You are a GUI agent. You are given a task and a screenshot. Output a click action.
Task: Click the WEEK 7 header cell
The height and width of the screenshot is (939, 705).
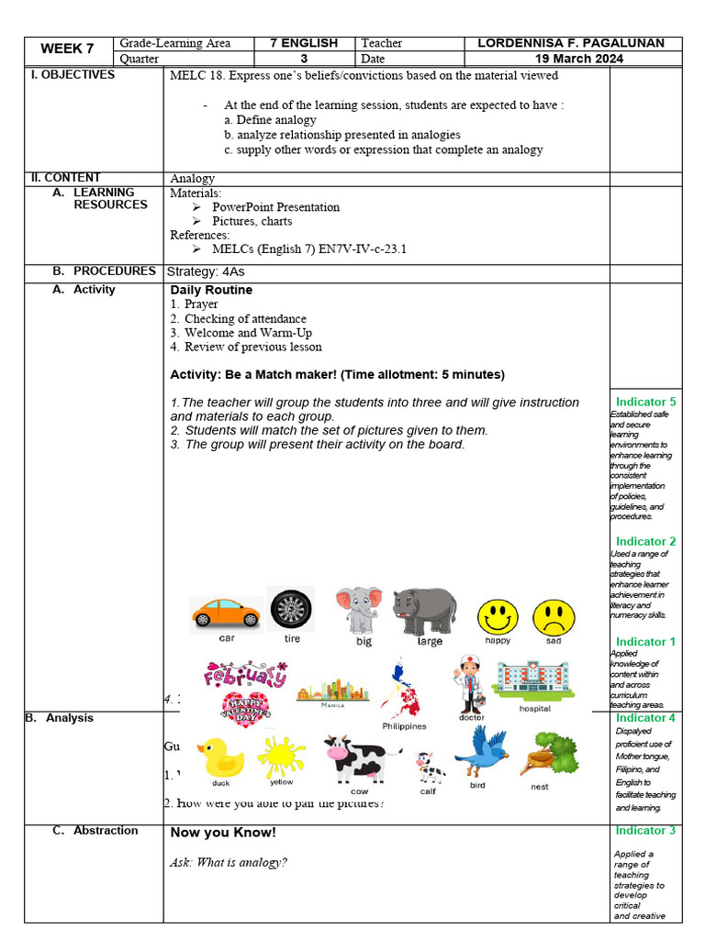(67, 50)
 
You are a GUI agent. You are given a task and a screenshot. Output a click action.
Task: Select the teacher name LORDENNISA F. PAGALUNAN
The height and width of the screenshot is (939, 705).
(579, 43)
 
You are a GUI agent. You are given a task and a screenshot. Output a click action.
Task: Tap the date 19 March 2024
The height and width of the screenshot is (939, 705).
(579, 58)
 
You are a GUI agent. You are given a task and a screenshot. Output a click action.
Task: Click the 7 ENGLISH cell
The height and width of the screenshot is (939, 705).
(303, 43)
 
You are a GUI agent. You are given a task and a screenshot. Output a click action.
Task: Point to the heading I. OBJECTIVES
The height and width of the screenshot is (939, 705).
(73, 74)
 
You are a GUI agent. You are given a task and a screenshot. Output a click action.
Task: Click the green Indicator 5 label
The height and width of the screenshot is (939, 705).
(645, 402)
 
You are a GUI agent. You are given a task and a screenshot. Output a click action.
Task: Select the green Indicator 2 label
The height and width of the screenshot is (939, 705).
(645, 541)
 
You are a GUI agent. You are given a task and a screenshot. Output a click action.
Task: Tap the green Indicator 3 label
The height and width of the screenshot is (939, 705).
(645, 830)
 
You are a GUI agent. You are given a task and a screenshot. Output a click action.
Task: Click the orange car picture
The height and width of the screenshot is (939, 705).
(225, 613)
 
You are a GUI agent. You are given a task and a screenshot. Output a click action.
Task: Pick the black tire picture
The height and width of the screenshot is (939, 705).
(291, 609)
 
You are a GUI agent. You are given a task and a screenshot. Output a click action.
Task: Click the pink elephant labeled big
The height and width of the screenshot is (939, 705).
(359, 610)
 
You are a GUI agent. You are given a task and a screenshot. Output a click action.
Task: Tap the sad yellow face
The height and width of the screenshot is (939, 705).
(554, 616)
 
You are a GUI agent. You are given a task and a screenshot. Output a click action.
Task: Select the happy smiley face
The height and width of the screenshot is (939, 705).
(497, 616)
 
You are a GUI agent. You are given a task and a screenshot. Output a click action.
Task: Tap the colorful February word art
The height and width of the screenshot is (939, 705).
(244, 676)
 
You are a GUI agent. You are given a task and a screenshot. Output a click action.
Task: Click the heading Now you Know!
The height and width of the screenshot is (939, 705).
(223, 833)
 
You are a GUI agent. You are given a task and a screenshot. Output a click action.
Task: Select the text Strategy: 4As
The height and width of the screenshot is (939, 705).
(206, 271)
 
